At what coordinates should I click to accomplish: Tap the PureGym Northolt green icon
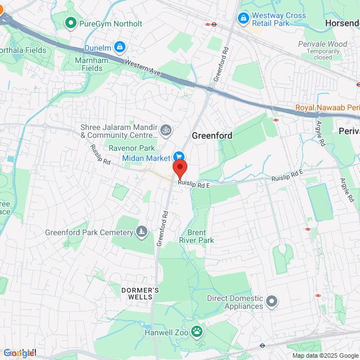tap(71, 23)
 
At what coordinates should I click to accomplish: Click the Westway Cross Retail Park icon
tap(243, 19)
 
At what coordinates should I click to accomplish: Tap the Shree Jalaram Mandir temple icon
tap(165, 130)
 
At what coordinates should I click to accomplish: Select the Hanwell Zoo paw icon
tap(196, 331)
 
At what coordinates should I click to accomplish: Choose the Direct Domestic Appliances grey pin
tap(272, 301)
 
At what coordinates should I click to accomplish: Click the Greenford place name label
tap(212, 136)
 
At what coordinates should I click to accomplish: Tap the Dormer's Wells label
tap(141, 292)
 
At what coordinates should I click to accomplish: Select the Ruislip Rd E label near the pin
tap(193, 184)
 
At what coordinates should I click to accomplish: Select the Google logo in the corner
tap(19, 353)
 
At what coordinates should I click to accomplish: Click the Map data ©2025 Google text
tap(325, 355)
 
